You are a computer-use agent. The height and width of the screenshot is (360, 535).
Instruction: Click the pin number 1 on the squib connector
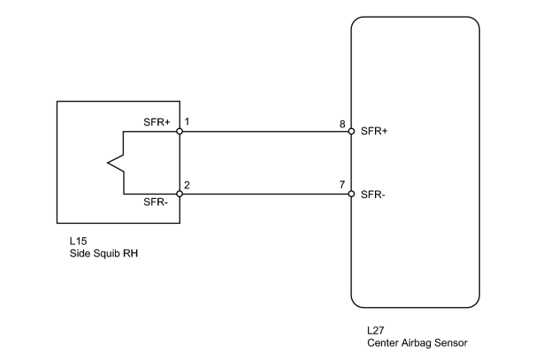(187, 121)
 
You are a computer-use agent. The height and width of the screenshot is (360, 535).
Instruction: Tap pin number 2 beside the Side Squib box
(187, 185)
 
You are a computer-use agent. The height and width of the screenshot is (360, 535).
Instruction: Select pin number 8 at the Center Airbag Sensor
(342, 124)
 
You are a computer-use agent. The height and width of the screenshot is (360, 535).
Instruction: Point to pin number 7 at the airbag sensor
(342, 185)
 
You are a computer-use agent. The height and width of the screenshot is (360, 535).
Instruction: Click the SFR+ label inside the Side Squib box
(157, 122)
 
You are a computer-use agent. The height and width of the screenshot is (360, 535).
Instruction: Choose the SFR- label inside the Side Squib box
(156, 202)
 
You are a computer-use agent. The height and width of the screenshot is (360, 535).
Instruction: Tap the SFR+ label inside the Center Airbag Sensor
(374, 131)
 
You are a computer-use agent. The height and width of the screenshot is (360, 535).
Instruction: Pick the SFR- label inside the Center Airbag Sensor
(373, 195)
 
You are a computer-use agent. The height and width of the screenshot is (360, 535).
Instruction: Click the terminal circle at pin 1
(180, 132)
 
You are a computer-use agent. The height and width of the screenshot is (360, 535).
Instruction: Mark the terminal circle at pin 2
(180, 194)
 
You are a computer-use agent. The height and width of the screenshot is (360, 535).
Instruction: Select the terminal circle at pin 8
(351, 132)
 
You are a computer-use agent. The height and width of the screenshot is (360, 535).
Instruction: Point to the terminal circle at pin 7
(351, 194)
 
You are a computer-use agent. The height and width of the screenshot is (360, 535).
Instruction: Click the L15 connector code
(78, 241)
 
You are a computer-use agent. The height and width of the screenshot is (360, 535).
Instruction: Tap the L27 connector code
(376, 330)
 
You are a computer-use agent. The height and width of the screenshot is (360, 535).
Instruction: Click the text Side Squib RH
(103, 254)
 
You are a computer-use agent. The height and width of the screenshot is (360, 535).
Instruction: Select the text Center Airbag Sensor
(417, 343)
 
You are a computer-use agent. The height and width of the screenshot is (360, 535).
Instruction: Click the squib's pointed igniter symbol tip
(108, 163)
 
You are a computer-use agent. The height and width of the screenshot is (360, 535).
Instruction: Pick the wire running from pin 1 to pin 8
(265, 132)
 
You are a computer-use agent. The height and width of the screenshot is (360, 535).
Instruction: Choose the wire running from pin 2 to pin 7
(265, 194)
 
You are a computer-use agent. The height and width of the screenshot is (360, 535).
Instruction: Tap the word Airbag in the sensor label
(416, 343)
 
